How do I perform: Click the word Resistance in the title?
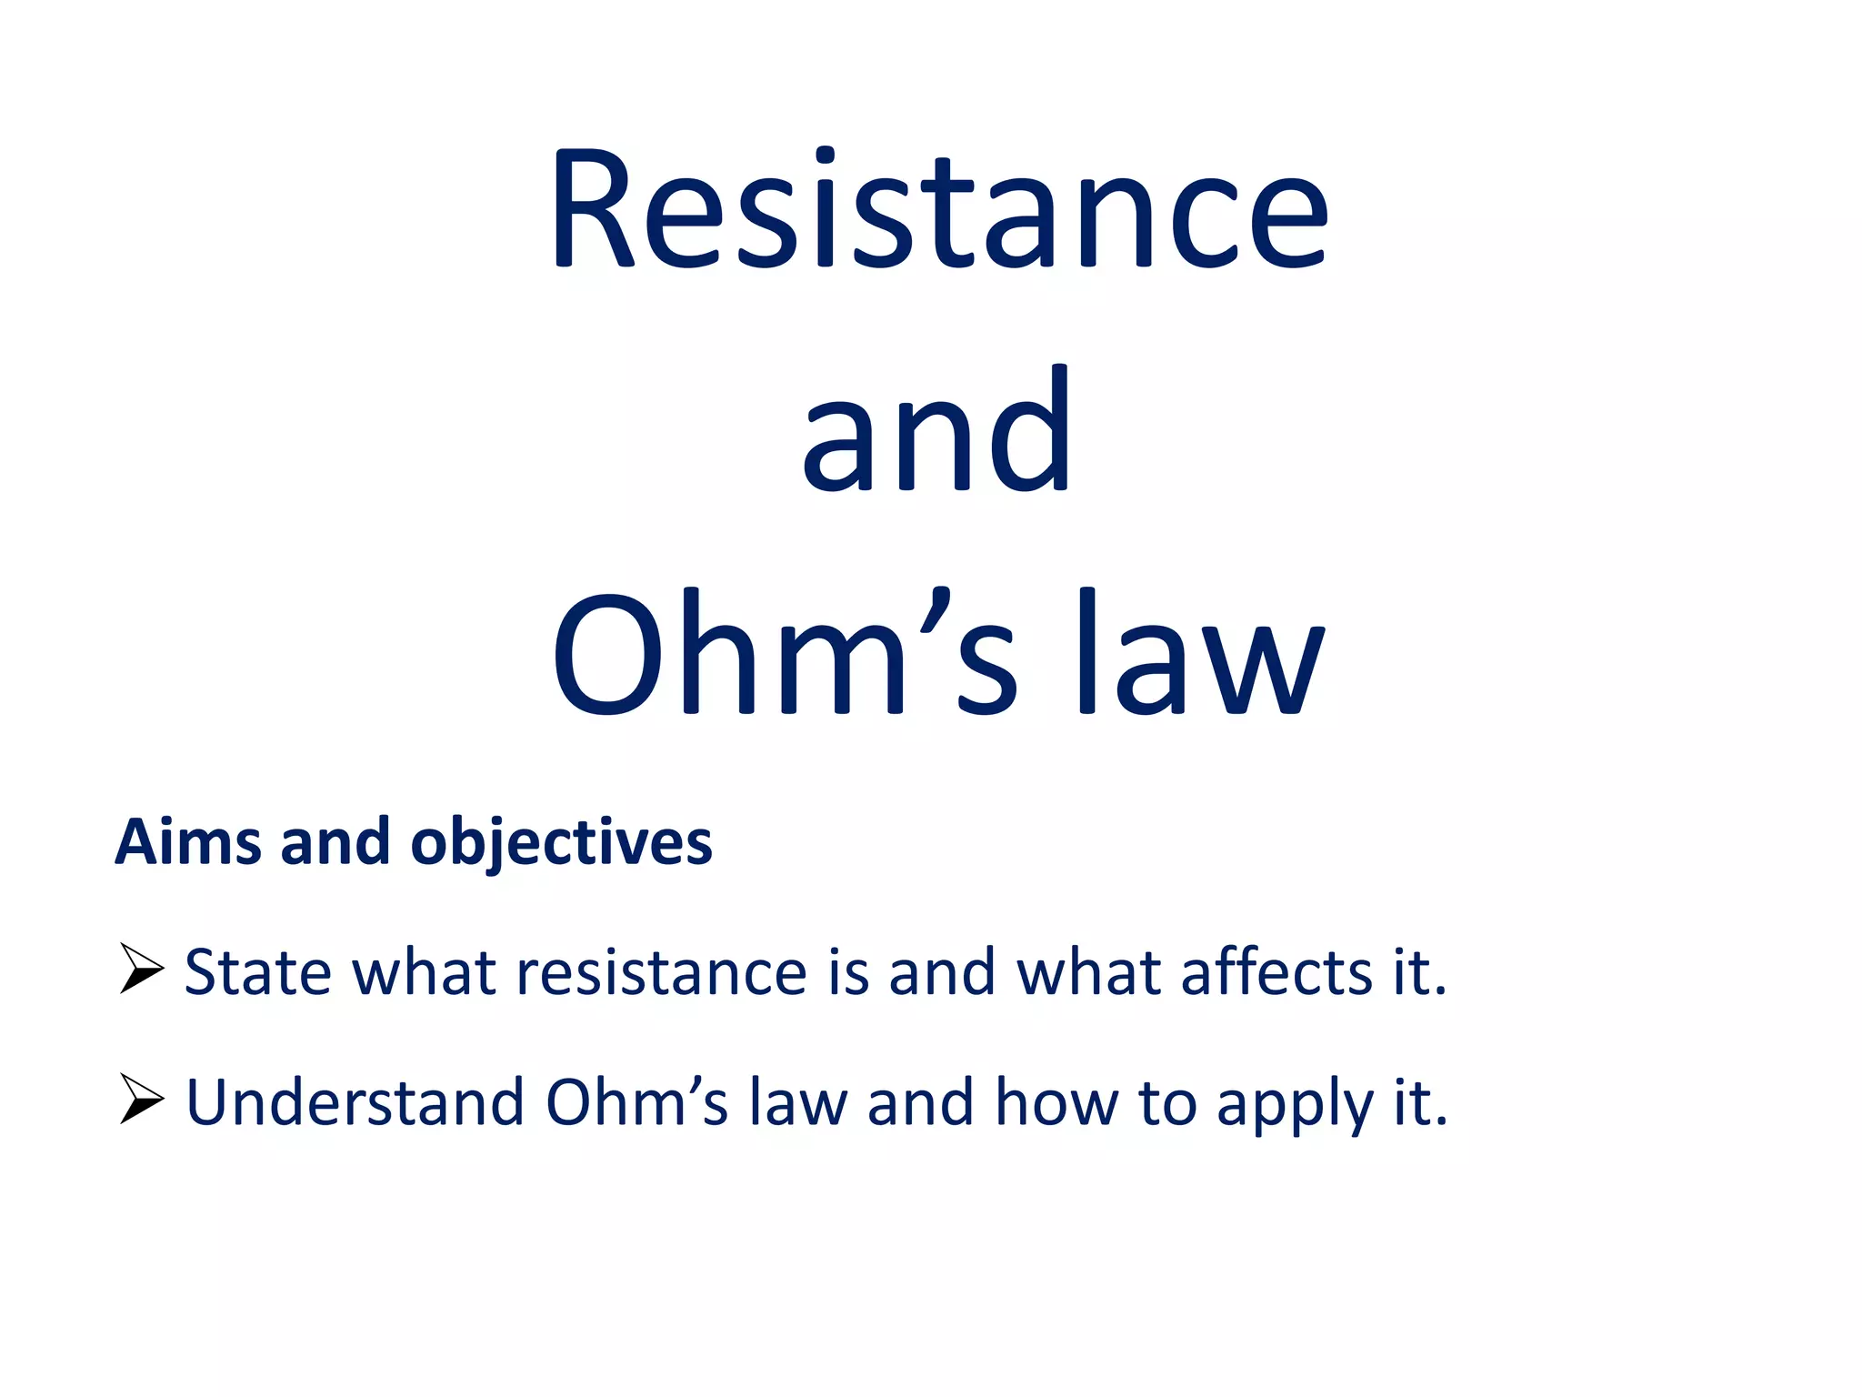tap(939, 211)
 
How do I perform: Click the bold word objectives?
tap(561, 844)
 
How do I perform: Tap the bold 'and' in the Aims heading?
tap(335, 842)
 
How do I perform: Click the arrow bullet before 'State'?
tap(141, 969)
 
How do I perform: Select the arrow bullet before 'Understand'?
tap(141, 1099)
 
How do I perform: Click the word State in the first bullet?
tap(258, 972)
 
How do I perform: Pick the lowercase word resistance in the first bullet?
tap(662, 972)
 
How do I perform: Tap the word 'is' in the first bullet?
tap(848, 972)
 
